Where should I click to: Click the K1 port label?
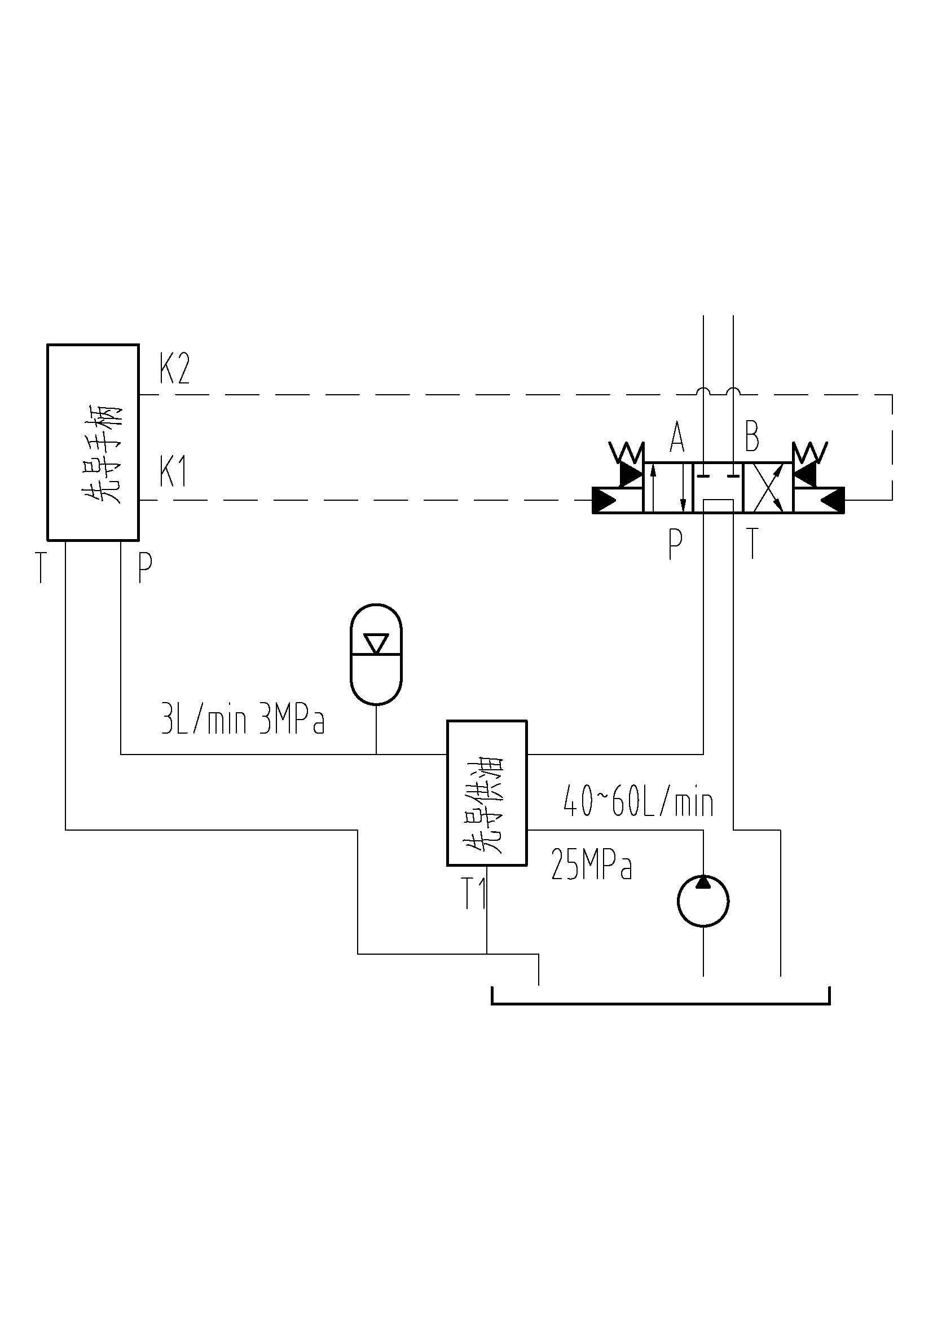click(173, 473)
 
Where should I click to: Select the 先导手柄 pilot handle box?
click(93, 442)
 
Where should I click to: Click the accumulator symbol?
click(376, 653)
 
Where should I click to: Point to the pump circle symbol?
click(703, 900)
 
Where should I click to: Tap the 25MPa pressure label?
click(591, 865)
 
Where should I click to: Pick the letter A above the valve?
click(677, 437)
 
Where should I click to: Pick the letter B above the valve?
click(752, 436)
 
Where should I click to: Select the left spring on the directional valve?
click(627, 452)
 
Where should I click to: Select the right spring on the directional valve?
click(809, 452)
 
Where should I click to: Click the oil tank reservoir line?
click(661, 1004)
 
